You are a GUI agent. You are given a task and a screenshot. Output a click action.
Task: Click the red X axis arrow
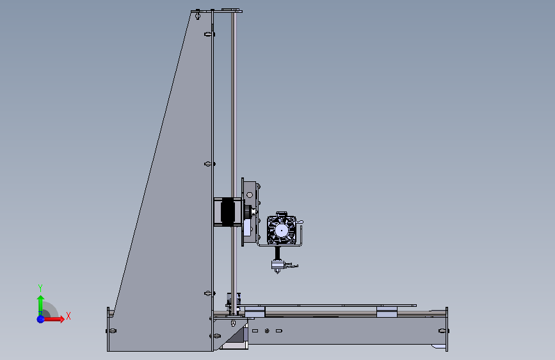[56, 318]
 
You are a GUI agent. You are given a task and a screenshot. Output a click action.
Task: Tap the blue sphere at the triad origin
[40, 318]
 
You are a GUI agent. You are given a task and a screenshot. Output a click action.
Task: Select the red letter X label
[68, 316]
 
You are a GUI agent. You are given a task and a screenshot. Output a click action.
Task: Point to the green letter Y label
[40, 288]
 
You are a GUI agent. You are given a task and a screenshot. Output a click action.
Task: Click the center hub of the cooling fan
[280, 230]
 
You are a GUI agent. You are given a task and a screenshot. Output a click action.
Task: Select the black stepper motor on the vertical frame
[227, 212]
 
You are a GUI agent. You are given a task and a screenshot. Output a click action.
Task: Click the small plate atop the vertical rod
[227, 10]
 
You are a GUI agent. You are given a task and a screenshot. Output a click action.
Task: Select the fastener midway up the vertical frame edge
[208, 164]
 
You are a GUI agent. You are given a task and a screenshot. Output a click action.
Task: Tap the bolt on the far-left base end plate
[112, 331]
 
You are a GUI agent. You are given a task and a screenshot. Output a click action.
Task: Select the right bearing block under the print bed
[387, 311]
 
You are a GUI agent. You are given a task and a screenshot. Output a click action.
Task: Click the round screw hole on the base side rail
[267, 331]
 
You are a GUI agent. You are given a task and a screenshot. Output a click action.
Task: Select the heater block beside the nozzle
[278, 263]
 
